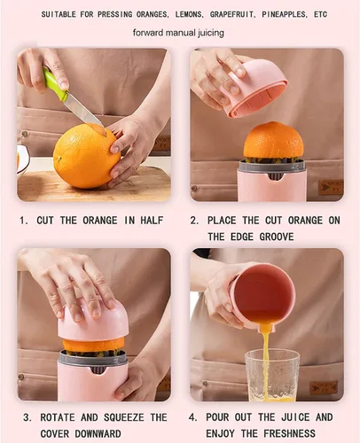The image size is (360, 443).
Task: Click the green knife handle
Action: [56, 85]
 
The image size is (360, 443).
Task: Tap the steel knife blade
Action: [84, 112]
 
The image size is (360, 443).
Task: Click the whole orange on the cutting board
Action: [87, 156]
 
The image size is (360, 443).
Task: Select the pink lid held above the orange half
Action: [255, 89]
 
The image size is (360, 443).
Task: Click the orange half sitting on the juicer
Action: [273, 141]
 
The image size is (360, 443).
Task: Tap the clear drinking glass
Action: [272, 375]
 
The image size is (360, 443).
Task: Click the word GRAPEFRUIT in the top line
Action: [232, 14]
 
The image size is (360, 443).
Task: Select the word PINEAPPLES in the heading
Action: [284, 14]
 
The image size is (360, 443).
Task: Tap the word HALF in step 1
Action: [152, 221]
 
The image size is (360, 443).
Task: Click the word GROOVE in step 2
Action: [277, 237]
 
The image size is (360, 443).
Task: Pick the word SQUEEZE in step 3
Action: [124, 417]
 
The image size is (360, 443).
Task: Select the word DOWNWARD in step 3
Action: [98, 434]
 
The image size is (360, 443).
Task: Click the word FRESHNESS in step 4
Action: [289, 433]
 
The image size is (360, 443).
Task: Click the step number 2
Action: [194, 221]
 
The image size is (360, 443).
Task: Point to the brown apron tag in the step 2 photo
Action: [331, 187]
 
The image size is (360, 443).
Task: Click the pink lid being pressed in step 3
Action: [93, 322]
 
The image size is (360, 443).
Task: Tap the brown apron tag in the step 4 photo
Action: [324, 388]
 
